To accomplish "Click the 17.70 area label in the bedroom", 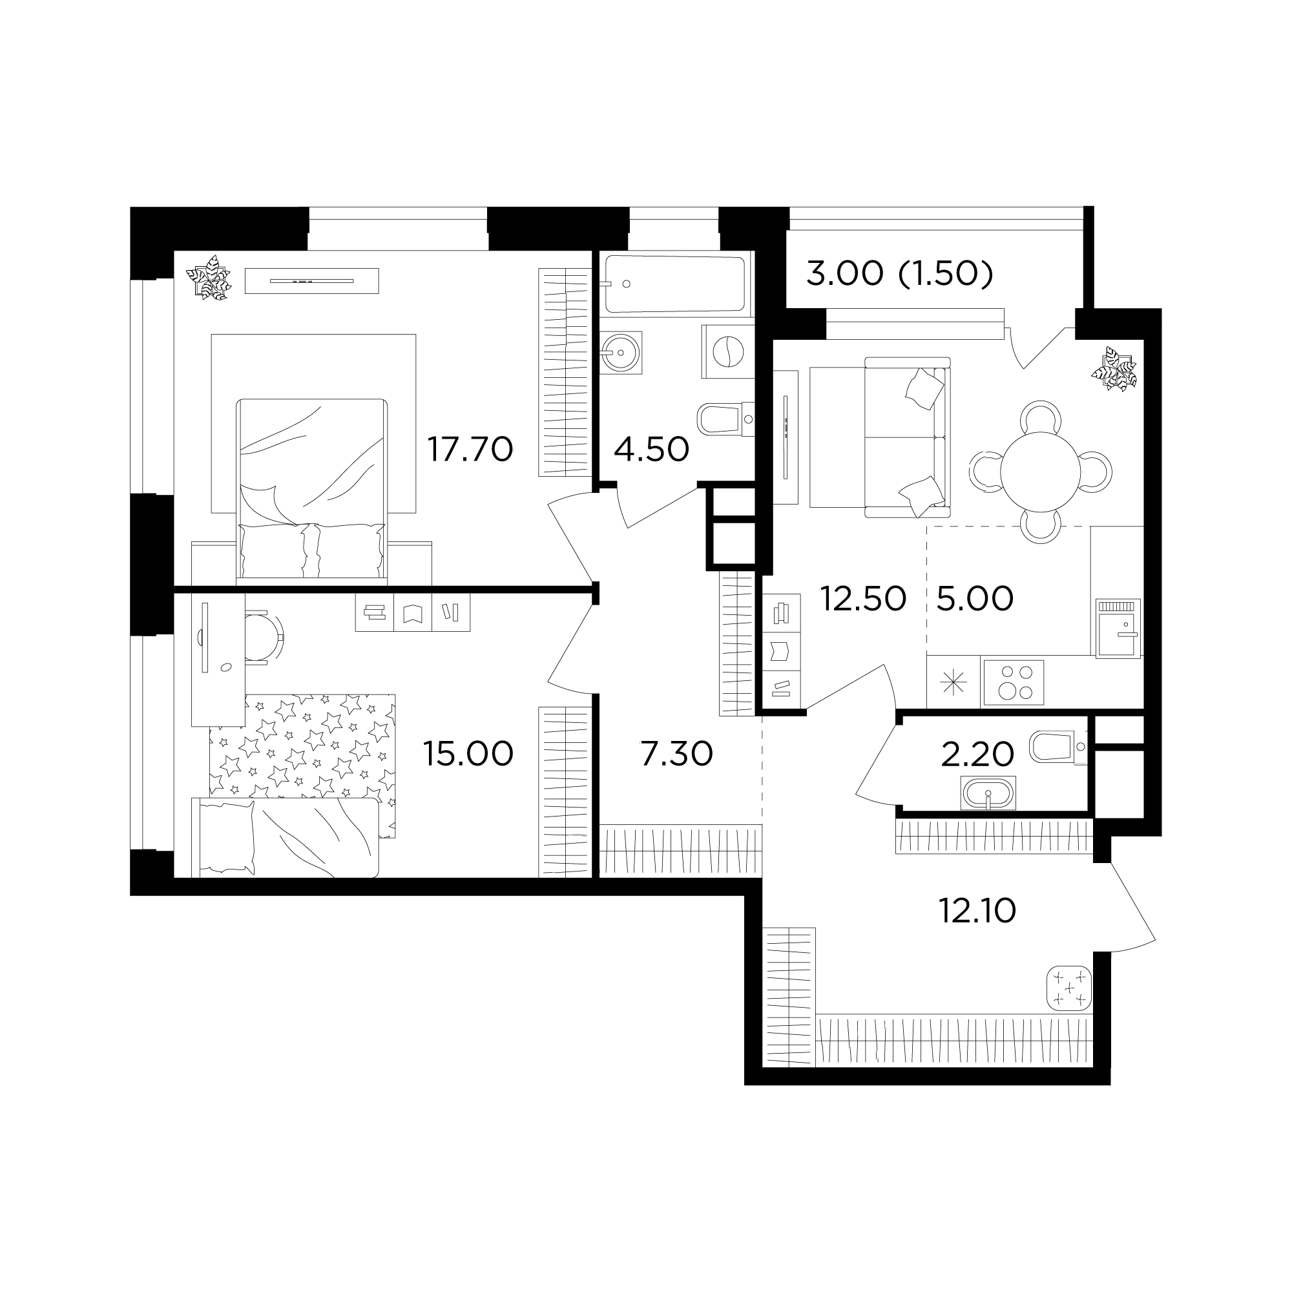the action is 470,450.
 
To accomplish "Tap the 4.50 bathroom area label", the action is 651,450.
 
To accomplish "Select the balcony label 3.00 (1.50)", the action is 899,273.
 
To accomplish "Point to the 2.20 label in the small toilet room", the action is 977,755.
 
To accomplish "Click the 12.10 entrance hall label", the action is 977,911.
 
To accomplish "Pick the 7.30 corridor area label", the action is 677,755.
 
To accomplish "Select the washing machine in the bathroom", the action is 727,352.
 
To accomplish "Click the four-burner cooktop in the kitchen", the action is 1012,683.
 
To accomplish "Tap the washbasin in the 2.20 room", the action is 988,794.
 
